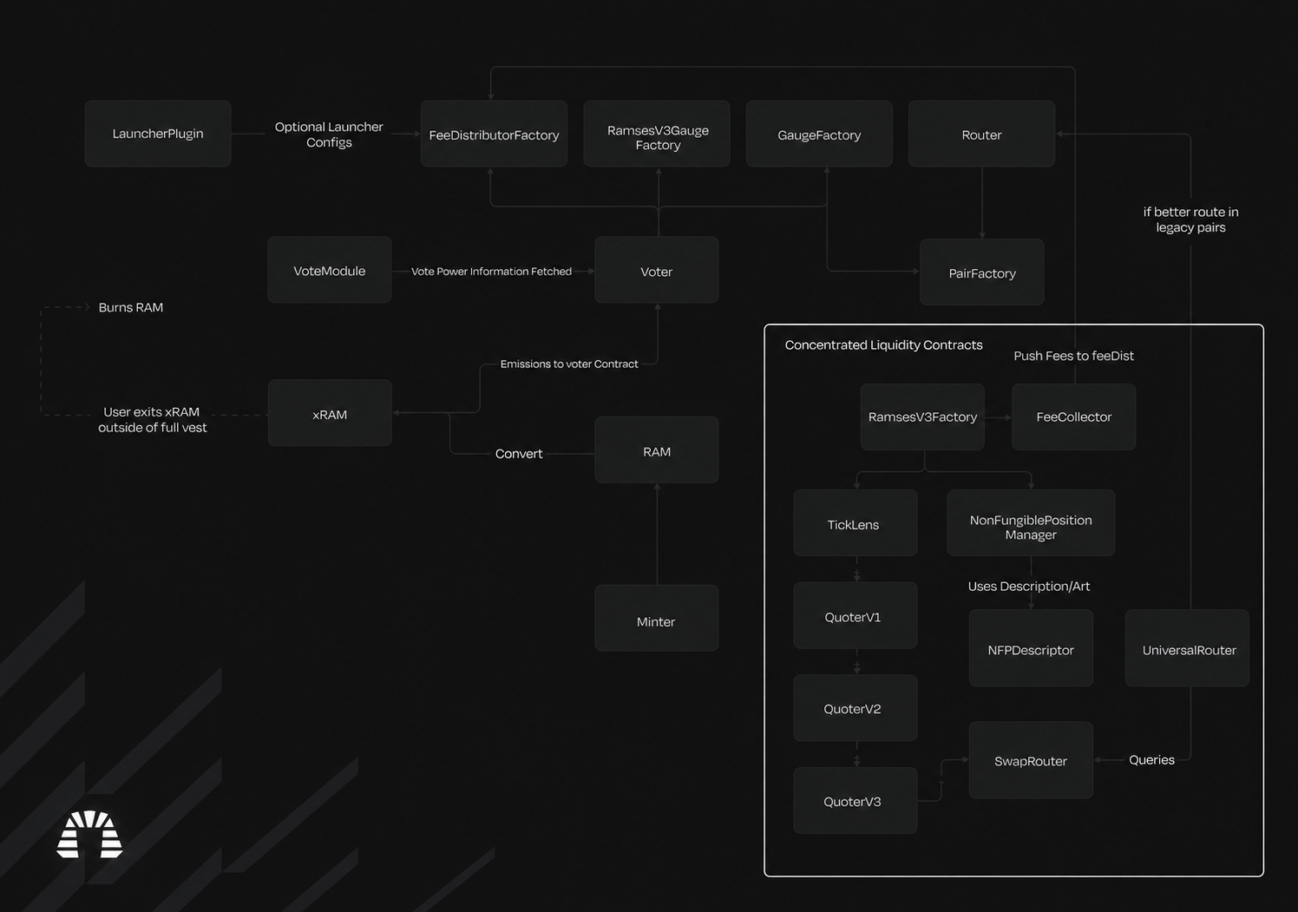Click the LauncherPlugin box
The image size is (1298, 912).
point(158,134)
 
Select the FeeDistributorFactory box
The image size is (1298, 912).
point(494,134)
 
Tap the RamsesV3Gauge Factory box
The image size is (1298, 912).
point(657,134)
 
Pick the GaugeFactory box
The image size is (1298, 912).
point(819,134)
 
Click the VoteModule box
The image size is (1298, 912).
point(329,269)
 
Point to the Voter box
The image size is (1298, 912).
point(657,269)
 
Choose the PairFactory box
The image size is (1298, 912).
point(981,272)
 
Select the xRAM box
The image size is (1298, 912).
point(329,412)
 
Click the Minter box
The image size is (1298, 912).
point(657,618)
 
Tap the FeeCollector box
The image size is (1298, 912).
point(1074,417)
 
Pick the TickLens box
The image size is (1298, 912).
point(855,522)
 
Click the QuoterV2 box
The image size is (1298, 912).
point(855,707)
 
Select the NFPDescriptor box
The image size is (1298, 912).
point(1031,648)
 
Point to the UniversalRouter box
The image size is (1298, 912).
point(1187,648)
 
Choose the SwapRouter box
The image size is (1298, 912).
point(1031,760)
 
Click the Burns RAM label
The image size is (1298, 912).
point(130,307)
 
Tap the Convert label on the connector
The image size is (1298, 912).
point(519,454)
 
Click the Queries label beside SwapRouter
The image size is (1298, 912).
point(1151,759)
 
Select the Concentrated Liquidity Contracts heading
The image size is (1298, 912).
point(883,344)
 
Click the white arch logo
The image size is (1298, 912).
point(90,834)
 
